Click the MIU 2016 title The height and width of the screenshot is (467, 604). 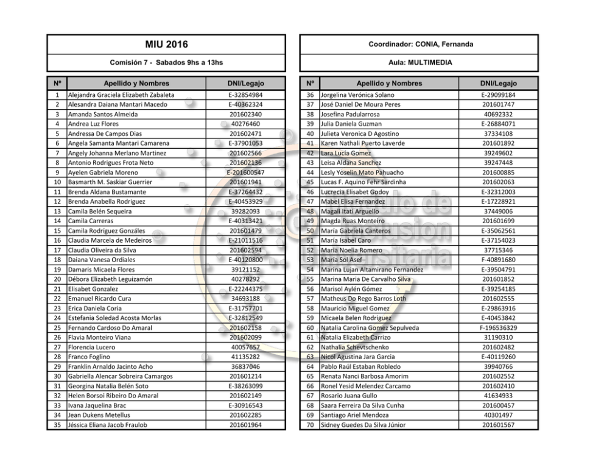[166, 44]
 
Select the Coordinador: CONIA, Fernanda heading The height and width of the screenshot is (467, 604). [420, 44]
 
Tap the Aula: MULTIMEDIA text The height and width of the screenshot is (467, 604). [420, 62]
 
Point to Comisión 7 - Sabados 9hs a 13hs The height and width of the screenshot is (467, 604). [166, 62]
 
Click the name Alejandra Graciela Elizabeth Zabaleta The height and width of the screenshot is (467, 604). [121, 95]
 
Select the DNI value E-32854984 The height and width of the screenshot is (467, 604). [245, 95]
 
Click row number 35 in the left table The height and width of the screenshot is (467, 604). [57, 425]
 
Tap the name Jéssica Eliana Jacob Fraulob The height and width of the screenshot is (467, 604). [107, 425]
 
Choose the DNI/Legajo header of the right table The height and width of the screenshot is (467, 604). [499, 83]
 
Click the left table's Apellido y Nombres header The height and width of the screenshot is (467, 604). [136, 83]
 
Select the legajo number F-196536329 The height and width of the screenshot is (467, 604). [499, 328]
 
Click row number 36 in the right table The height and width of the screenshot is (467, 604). [310, 95]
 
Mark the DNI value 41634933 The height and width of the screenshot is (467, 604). [499, 396]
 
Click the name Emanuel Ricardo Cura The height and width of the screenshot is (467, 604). [99, 299]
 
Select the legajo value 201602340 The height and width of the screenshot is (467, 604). [245, 115]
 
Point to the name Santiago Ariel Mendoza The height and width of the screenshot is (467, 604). [354, 415]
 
